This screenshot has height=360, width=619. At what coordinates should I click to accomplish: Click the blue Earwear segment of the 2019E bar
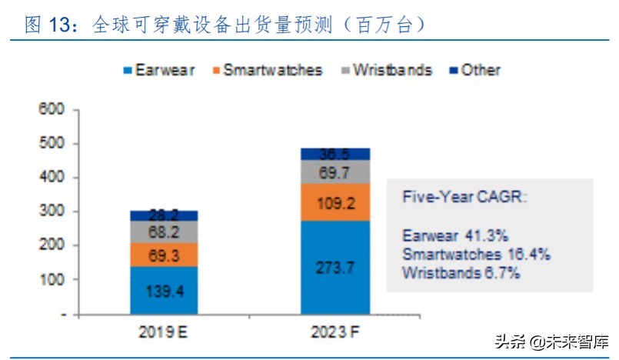pyautogui.click(x=163, y=290)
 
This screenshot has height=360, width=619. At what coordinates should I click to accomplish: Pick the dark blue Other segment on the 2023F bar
pyautogui.click(x=334, y=154)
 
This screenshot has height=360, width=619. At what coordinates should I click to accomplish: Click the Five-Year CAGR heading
pyautogui.click(x=464, y=197)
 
